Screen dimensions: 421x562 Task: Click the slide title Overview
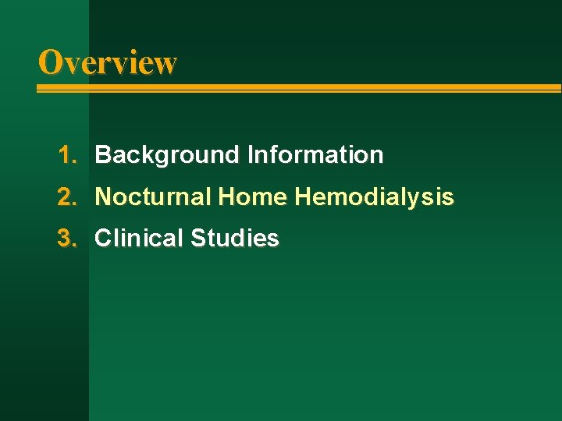point(108,62)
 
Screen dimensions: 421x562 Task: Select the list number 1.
point(66,155)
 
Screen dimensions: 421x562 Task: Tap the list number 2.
point(66,197)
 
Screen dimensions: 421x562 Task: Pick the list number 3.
point(66,239)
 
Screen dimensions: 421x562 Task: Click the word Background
point(168,155)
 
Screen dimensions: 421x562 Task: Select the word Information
point(315,155)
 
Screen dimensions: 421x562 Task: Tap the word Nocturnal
point(153,197)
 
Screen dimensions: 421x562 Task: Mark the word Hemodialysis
point(374,197)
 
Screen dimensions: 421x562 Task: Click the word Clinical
point(139,239)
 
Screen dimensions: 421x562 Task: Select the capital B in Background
point(102,155)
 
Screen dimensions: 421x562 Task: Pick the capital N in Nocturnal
point(102,197)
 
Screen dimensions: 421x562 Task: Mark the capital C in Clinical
point(102,239)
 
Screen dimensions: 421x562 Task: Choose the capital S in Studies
point(197,239)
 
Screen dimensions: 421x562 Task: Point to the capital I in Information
point(250,155)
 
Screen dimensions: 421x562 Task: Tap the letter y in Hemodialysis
point(423,200)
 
